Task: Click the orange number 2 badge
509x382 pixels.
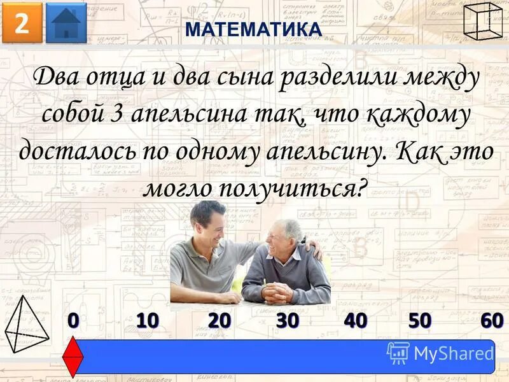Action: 22,23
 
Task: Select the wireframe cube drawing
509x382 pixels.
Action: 484,21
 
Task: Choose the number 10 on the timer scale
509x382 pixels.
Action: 147,322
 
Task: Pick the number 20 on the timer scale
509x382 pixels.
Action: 219,322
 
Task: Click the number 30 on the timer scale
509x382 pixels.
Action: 288,322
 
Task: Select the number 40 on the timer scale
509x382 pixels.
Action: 355,322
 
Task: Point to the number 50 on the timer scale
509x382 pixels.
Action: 420,322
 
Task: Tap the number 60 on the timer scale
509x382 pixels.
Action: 492,322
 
